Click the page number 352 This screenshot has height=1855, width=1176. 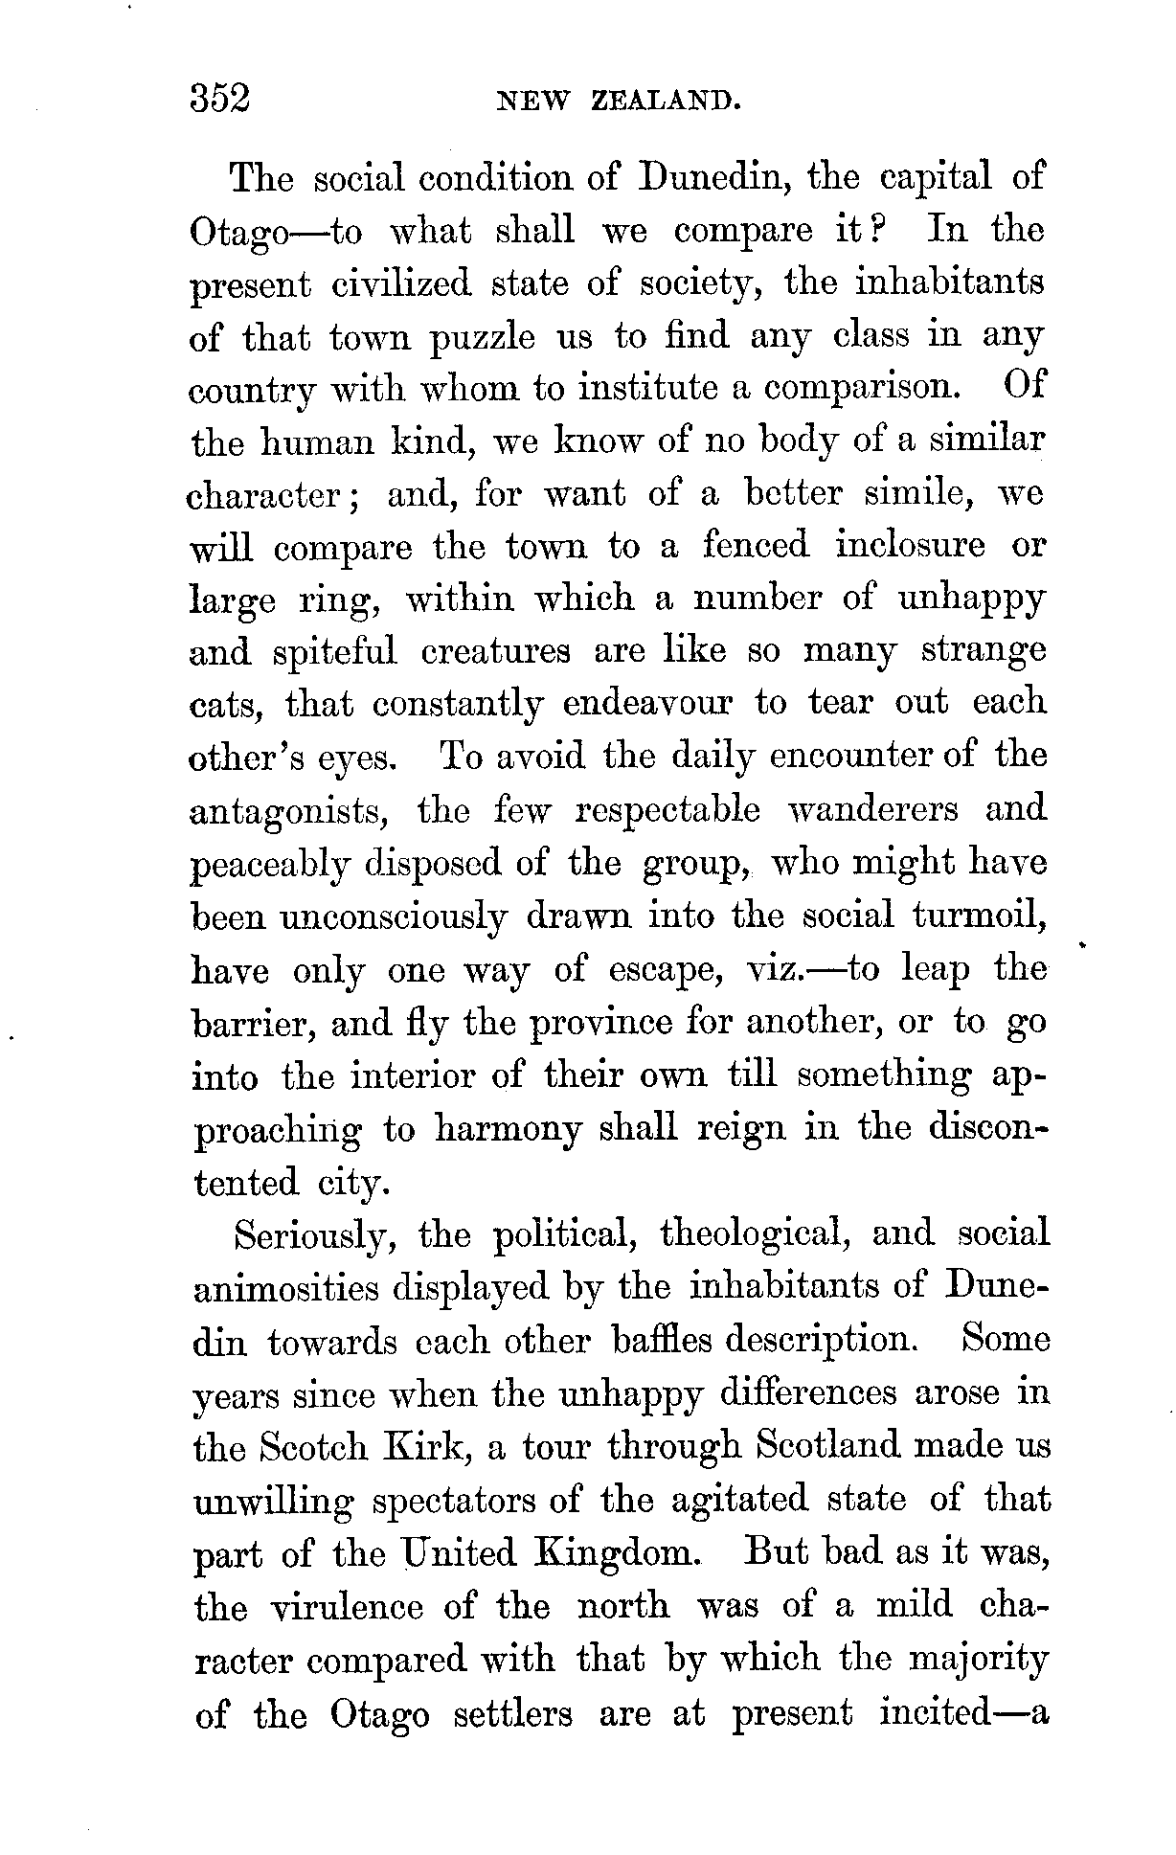(219, 100)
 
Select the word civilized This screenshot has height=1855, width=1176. (401, 284)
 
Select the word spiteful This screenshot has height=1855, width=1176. (334, 652)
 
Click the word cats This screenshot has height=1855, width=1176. (226, 706)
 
